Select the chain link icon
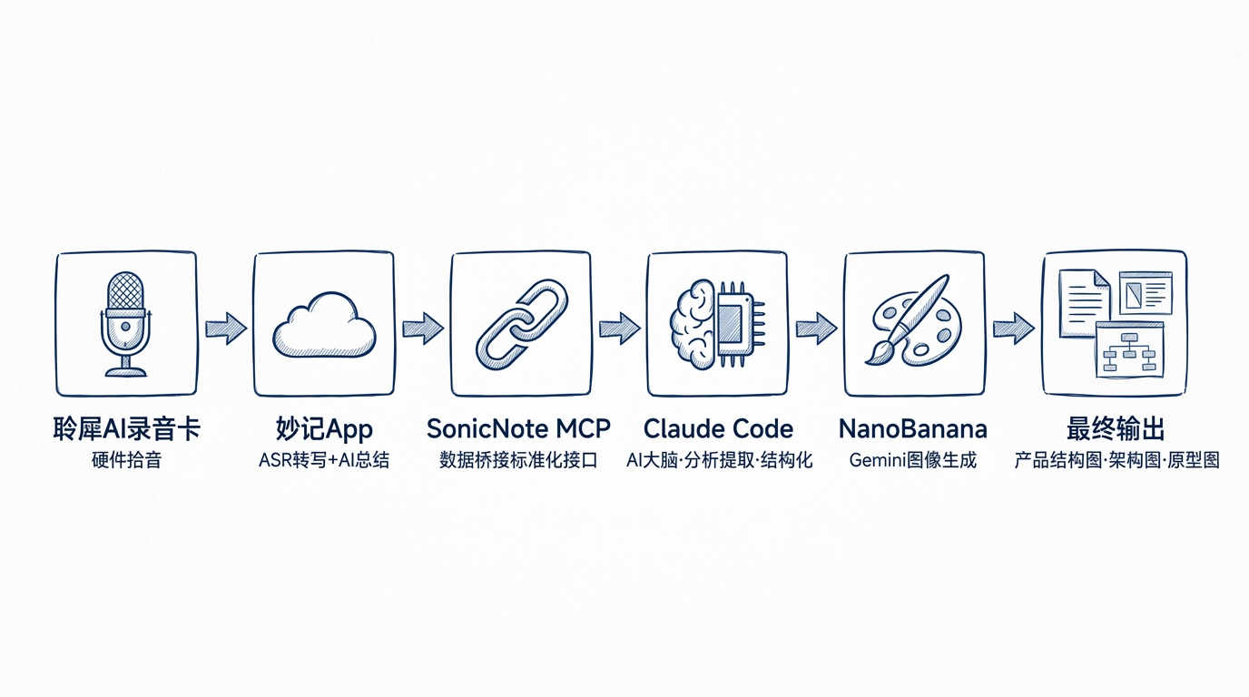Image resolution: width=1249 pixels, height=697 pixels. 522,325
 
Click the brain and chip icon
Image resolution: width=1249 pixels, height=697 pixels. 718,325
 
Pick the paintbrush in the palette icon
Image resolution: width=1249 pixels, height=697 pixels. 907,319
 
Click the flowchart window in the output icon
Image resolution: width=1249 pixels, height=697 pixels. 1130,349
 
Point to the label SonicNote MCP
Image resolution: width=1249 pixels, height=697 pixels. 518,428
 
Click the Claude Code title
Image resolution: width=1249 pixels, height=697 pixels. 718,428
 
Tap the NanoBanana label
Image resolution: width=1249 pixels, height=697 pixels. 913,428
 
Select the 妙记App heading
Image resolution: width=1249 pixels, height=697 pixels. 324,429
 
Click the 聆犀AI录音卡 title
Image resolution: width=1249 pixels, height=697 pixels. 126,429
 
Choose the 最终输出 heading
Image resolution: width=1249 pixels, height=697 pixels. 1116,429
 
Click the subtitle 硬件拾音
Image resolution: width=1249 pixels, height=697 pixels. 126,460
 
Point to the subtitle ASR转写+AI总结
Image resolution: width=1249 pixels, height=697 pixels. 324,460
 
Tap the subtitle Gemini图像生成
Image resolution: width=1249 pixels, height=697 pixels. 913,460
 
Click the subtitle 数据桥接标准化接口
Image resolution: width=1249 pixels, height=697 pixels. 518,460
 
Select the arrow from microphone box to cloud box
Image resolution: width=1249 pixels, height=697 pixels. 226,328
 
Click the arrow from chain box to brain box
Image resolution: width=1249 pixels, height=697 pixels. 619,328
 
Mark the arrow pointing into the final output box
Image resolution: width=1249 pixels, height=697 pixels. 1014,328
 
